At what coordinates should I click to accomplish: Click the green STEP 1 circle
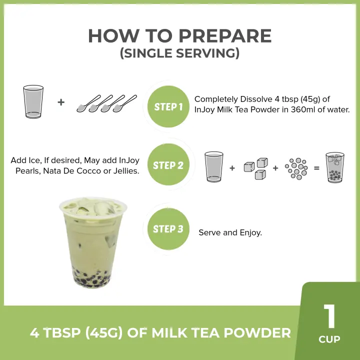coord(168,106)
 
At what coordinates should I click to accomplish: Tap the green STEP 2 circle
coord(168,164)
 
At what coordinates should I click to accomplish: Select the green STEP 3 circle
coord(168,228)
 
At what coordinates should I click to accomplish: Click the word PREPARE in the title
coord(225,36)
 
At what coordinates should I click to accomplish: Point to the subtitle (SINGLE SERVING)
coord(180,53)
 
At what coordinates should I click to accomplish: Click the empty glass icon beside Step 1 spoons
coord(33,101)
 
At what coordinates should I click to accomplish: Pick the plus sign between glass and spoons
coord(61,102)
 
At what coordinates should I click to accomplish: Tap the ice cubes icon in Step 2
coord(256,168)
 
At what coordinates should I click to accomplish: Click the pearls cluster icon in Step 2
coord(296,168)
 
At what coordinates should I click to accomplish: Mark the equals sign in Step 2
coord(316,168)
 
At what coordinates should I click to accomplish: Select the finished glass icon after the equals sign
coord(334,167)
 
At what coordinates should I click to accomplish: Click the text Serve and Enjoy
coord(230,232)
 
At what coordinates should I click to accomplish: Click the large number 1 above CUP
coord(329,316)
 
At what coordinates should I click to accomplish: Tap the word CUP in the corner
coord(329,339)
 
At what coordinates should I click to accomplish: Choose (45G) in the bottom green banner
coord(104,332)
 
